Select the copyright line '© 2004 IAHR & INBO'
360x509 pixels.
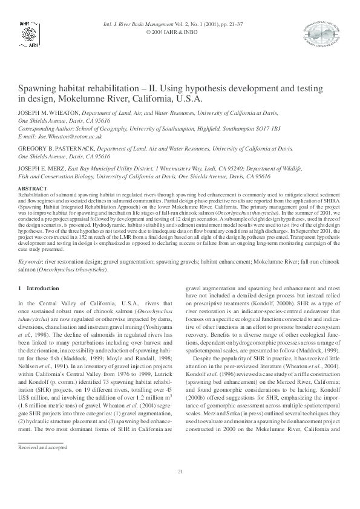[x=180, y=33]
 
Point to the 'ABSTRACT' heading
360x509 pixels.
[x=31, y=190]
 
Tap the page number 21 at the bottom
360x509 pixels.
[x=180, y=488]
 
